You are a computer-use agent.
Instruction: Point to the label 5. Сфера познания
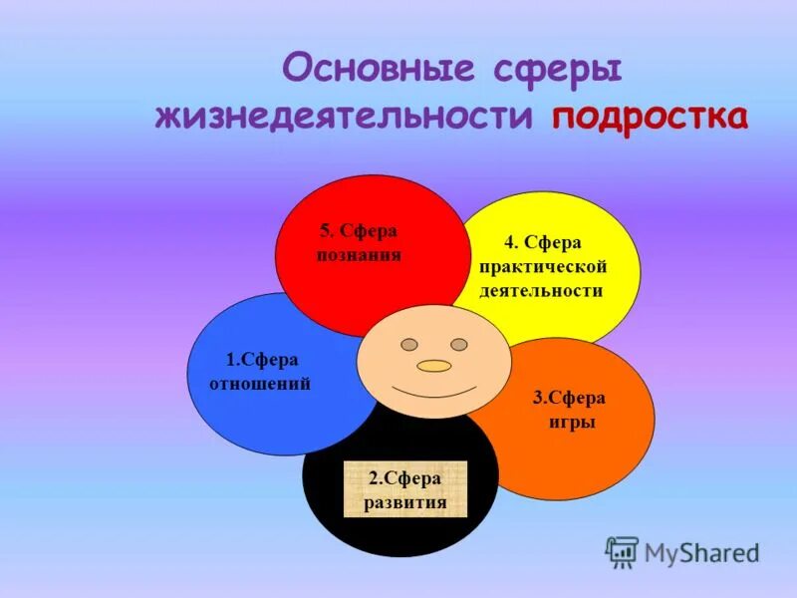(359, 242)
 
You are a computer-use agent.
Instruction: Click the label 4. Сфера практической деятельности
(542, 266)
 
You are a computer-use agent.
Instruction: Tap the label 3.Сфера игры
(569, 410)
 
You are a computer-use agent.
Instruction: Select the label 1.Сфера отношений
(261, 371)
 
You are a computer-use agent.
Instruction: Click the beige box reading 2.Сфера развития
(405, 489)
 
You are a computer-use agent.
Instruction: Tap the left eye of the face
(409, 344)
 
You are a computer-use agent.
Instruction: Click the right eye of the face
(458, 344)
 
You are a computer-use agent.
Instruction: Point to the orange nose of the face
(434, 366)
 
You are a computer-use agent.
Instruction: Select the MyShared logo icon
(622, 551)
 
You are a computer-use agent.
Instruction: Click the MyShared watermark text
(700, 552)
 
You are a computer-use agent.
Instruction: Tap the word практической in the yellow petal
(542, 266)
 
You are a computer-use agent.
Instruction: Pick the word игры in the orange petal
(572, 422)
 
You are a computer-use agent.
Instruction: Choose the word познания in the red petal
(359, 254)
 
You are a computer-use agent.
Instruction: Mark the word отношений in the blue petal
(261, 383)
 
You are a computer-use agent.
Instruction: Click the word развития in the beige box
(405, 502)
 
